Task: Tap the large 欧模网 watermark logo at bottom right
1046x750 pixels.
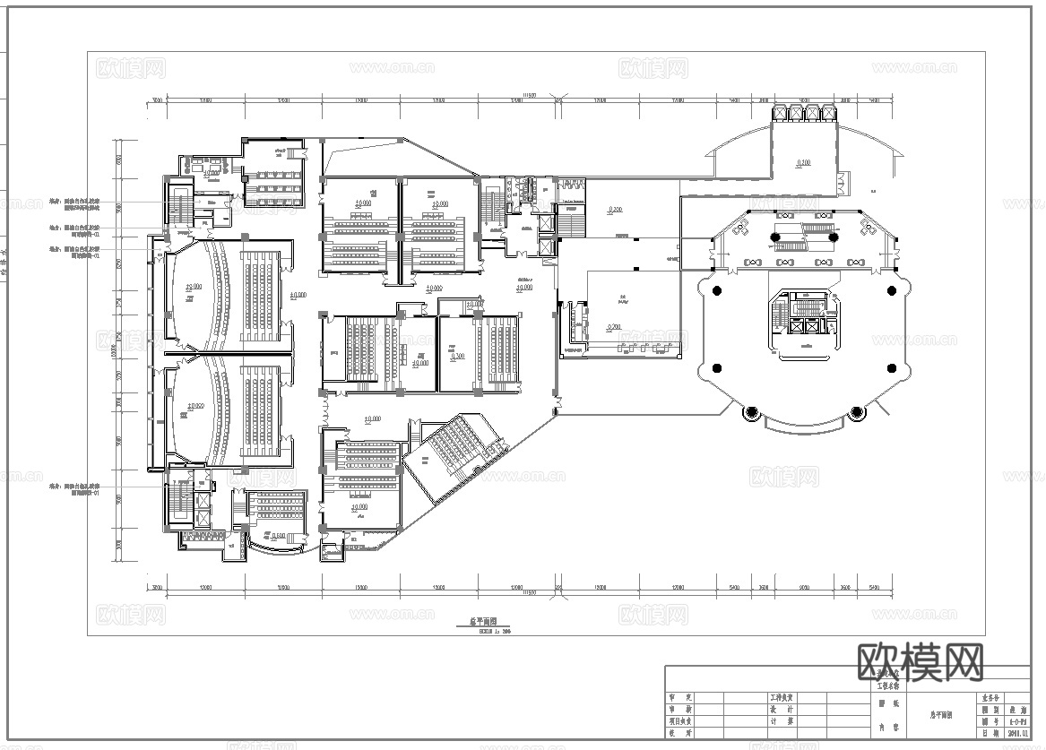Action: (x=921, y=662)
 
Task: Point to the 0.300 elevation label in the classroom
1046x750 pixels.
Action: (x=458, y=355)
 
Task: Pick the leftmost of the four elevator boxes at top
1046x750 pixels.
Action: (x=777, y=113)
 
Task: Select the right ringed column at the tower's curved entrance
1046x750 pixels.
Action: (x=856, y=412)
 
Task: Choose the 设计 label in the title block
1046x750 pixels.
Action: (x=782, y=708)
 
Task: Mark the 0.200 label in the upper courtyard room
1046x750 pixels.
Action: (x=615, y=210)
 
